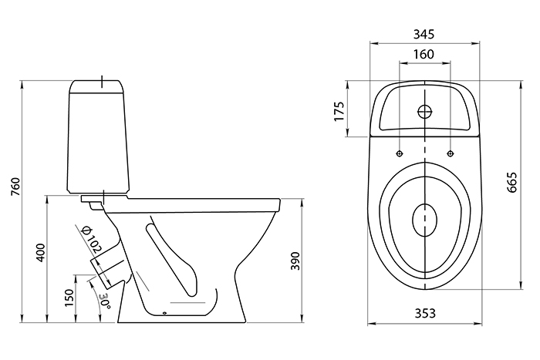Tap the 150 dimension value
(x=69, y=296)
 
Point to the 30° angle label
(x=103, y=301)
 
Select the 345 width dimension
(x=424, y=34)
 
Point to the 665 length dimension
(x=511, y=183)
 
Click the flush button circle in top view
(x=424, y=110)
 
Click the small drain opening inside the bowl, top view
(x=424, y=220)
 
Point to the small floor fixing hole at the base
(x=165, y=313)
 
